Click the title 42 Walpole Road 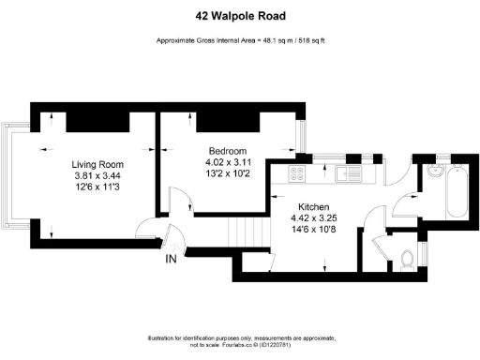point(240,16)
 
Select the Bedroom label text point(228,151)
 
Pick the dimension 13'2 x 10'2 point(228,173)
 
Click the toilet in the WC point(404,258)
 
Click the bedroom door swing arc point(178,200)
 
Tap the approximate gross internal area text point(240,40)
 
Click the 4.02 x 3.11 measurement point(228,162)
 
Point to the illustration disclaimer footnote point(240,341)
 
